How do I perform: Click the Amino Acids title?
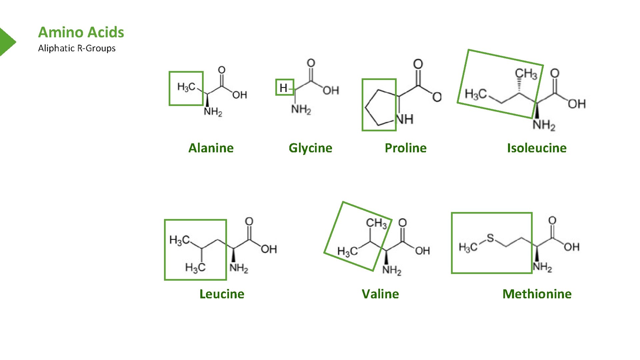point(81,32)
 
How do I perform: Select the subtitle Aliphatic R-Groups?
point(77,48)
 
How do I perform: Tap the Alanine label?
point(211,148)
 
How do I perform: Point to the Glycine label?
point(310,148)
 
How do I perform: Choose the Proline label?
point(405,148)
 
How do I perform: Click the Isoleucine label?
point(537,148)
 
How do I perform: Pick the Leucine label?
point(222,294)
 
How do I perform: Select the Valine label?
point(380,294)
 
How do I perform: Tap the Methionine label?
point(537,294)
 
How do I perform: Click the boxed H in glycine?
point(283,88)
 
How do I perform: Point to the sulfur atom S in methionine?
point(490,238)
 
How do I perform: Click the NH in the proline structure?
point(405,119)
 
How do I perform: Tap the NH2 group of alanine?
point(213,111)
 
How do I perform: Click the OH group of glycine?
point(331,90)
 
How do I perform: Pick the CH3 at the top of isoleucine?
point(526,74)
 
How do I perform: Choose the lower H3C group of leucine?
point(195,267)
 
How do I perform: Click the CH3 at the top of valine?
point(376,223)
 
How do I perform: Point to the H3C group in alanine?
point(186,87)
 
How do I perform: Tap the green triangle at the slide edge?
point(7,42)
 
